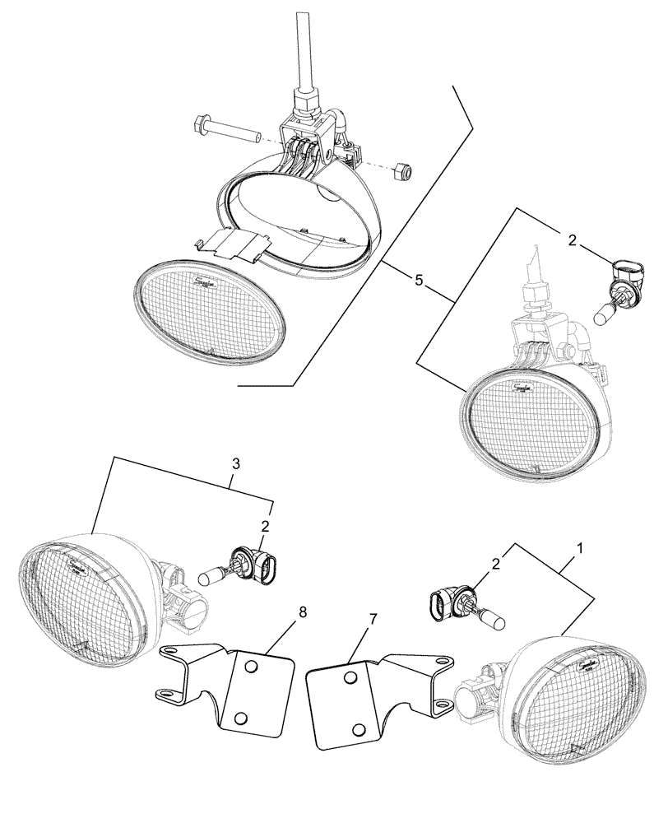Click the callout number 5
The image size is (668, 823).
coord(419,281)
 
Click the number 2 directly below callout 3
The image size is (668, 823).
coord(265,525)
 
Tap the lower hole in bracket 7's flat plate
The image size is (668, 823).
coord(359,728)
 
